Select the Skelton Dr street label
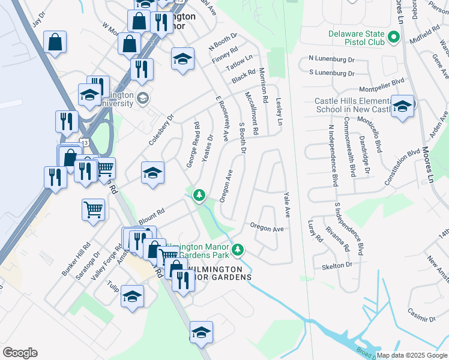point(336,265)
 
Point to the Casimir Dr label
point(420,313)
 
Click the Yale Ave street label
point(287,205)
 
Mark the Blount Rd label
point(151,216)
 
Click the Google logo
point(20,353)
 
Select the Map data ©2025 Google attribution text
point(411,355)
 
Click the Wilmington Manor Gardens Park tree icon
point(238,248)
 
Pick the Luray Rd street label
point(315,231)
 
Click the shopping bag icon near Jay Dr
point(55,42)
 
